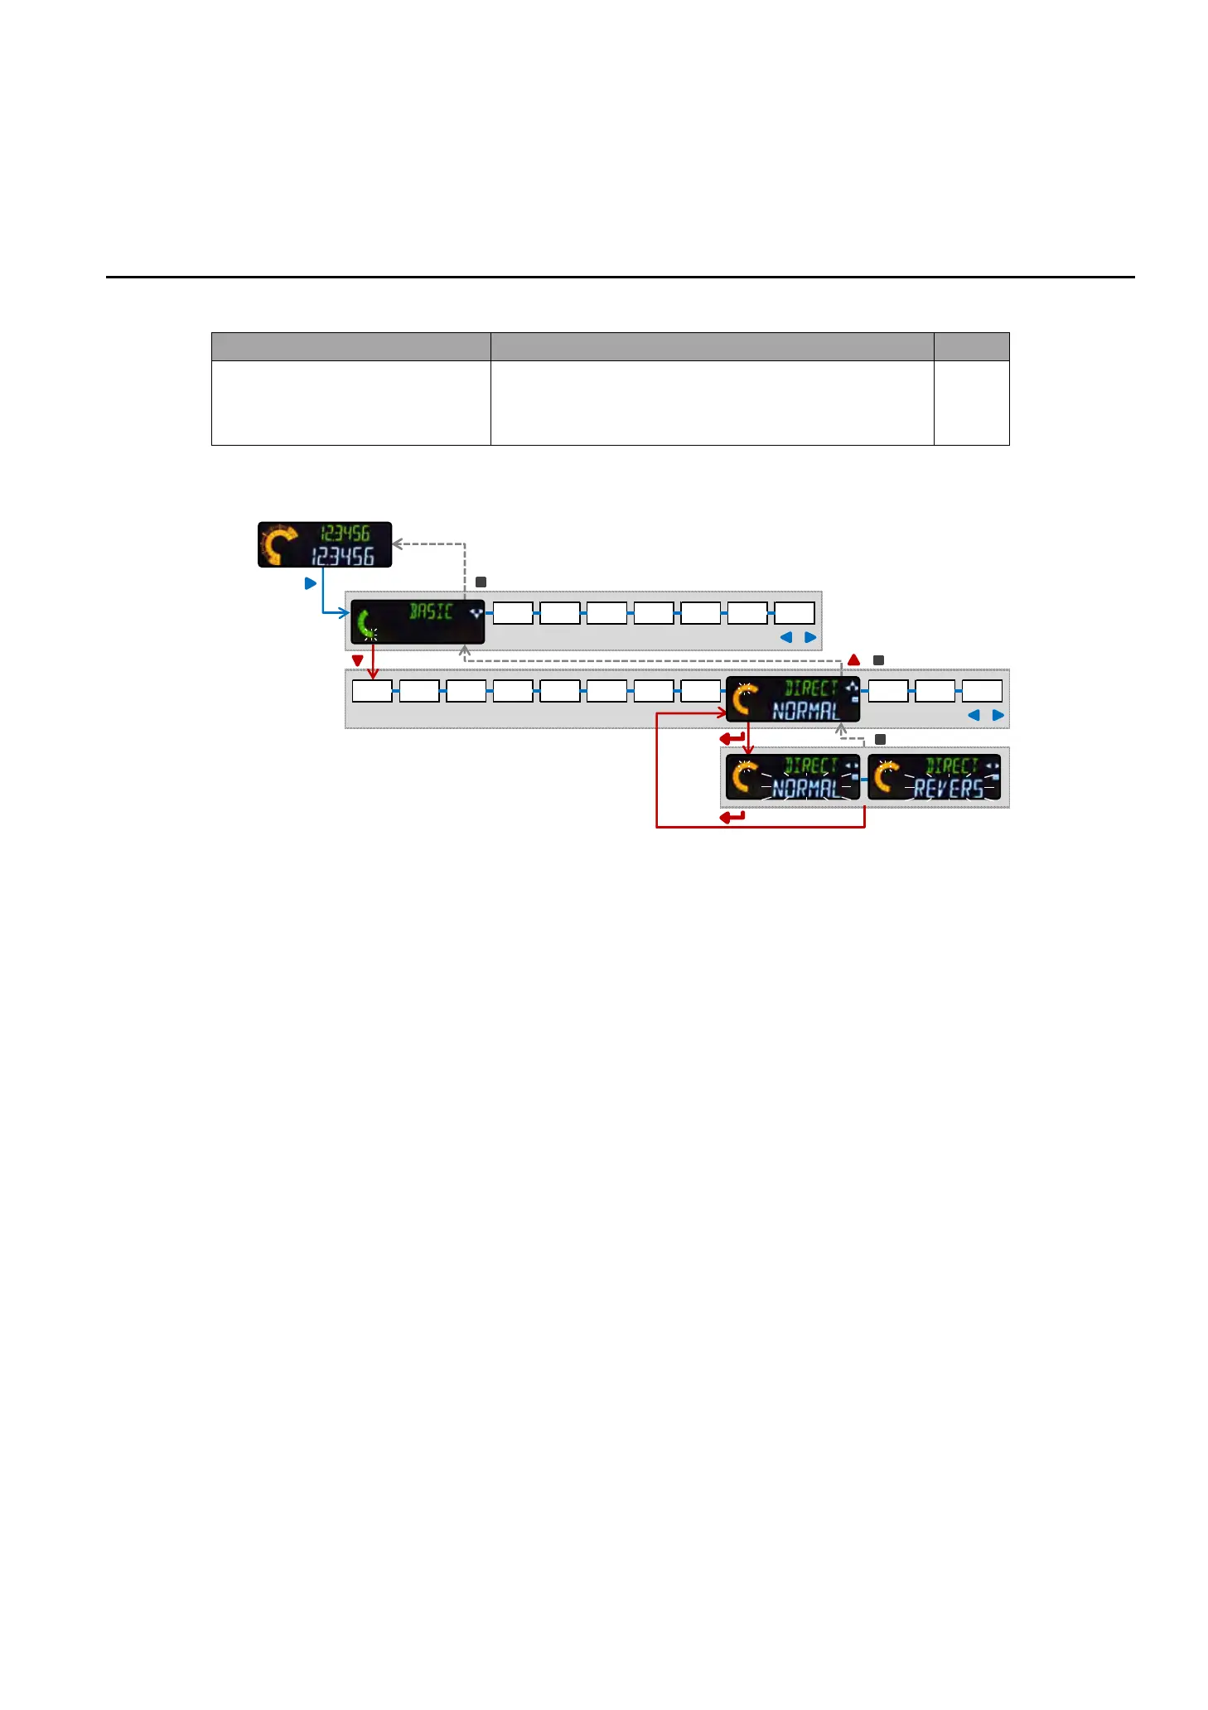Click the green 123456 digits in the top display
point(345,534)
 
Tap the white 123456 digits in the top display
point(343,556)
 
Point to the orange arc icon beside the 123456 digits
point(279,544)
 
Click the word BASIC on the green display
point(431,611)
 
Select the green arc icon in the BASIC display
point(365,625)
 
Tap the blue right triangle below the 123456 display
point(311,583)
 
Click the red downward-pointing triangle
point(358,661)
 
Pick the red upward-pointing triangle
point(854,660)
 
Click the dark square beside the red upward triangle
point(879,660)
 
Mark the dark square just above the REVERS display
point(881,739)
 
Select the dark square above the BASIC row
point(481,582)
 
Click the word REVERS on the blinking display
point(949,789)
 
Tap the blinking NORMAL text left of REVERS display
point(805,789)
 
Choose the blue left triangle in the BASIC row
point(786,637)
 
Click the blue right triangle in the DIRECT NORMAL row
point(998,715)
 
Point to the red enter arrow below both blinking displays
point(732,817)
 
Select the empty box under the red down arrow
point(372,691)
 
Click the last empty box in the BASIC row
point(794,613)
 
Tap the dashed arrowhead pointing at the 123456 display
point(397,544)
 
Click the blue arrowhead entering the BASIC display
point(345,613)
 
